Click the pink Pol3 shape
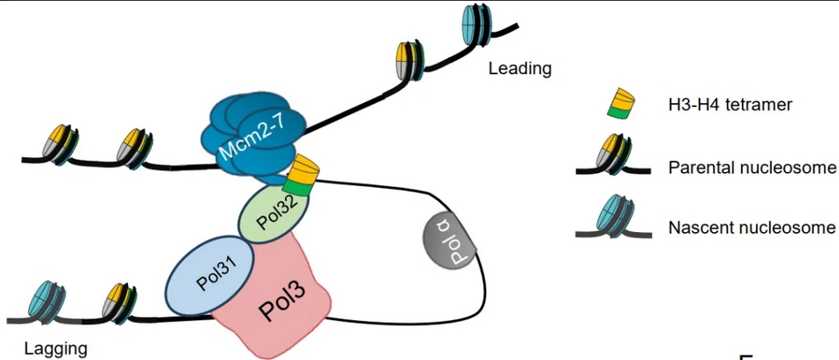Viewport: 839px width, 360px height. [281, 300]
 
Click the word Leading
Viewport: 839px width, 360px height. [520, 68]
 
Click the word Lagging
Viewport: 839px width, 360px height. [56, 348]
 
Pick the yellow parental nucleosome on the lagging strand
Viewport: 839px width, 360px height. [118, 302]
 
